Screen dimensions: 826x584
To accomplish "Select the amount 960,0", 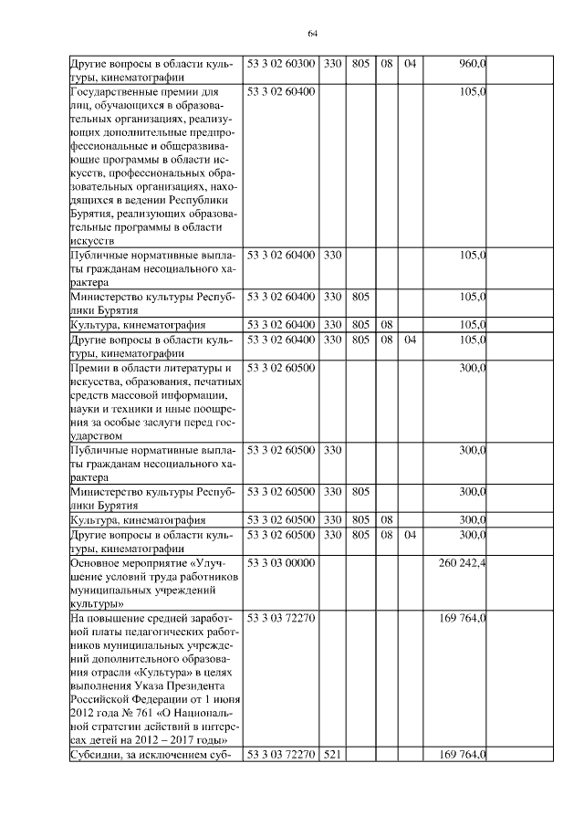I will pos(472,63).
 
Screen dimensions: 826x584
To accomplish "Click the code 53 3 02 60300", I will pos(281,63).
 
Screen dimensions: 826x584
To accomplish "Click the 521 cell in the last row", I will pos(332,753).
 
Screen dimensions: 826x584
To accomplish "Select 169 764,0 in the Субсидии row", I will pos(462,753).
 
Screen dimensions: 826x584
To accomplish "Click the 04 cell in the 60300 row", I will pos(409,63).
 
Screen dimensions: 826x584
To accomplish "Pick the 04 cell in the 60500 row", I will pos(409,534).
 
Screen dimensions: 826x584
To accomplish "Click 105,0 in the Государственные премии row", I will pos(472,92).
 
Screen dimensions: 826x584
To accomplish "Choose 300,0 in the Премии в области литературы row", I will pos(472,367).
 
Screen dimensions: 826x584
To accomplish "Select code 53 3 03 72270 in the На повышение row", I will pos(281,617).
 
